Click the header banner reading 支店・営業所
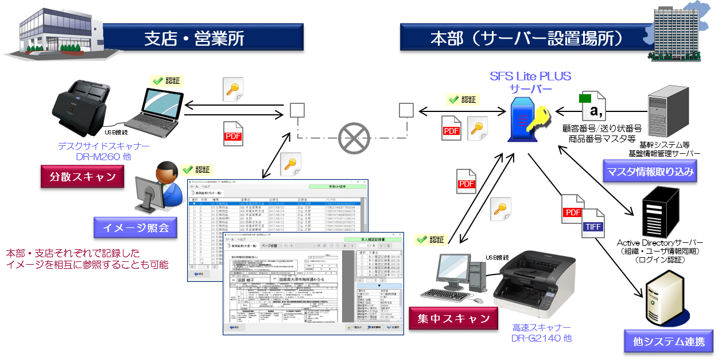[x=195, y=38]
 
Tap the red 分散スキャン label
[x=83, y=177]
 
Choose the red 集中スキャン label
[x=453, y=318]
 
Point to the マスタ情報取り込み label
[x=650, y=171]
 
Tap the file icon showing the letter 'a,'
[x=594, y=107]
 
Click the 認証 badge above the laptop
[x=166, y=82]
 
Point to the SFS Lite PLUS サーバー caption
[x=530, y=83]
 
